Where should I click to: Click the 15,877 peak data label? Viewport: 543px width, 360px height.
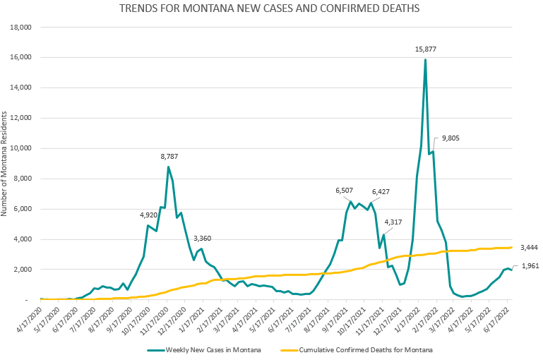[425, 49]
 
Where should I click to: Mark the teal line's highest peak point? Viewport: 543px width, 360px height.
[425, 59]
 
